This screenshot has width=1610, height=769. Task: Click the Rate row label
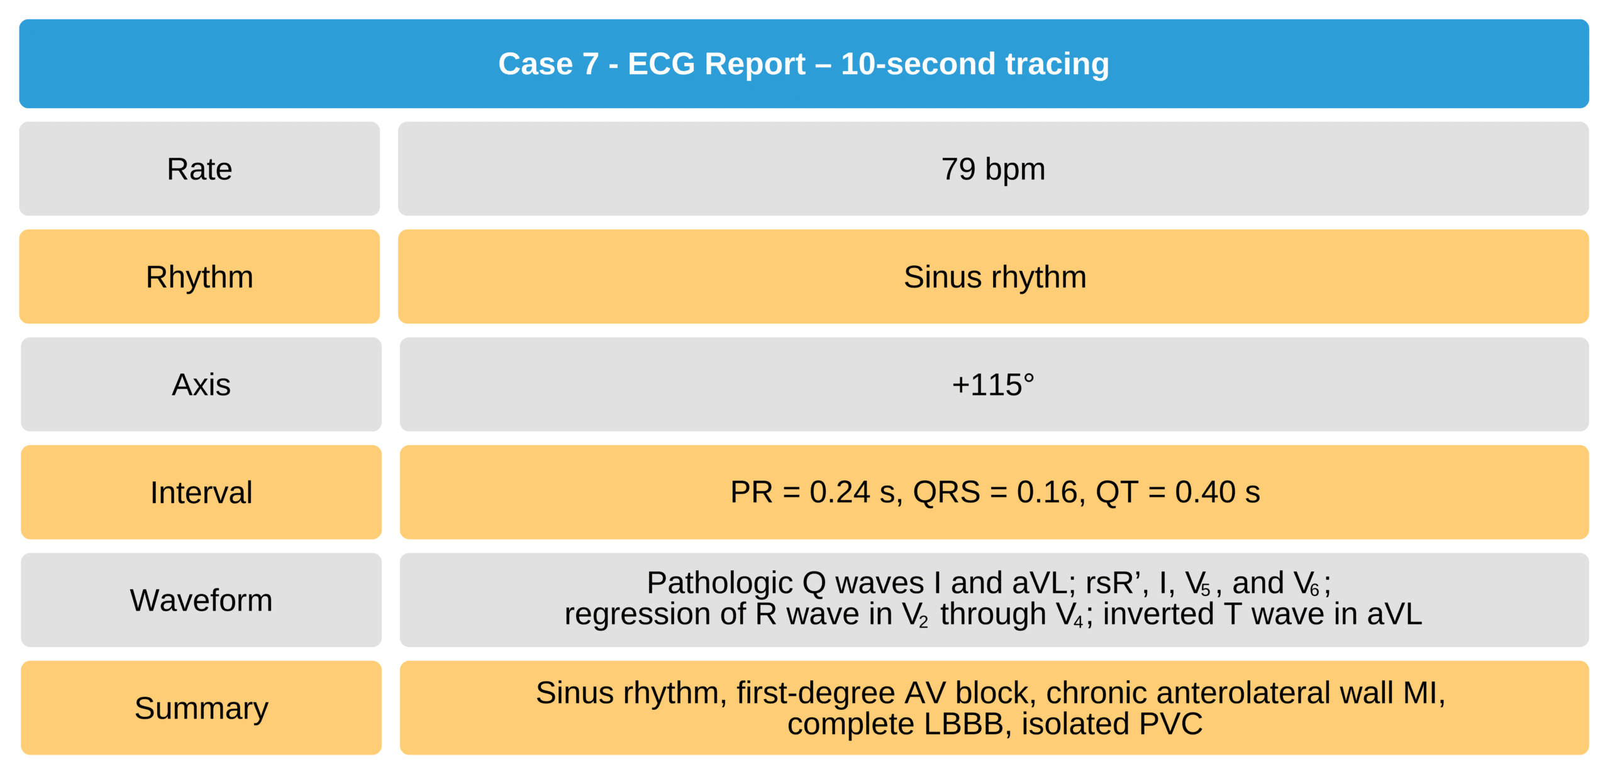(x=199, y=169)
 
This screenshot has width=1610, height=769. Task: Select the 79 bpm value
(x=993, y=169)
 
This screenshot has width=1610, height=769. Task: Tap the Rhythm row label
(x=199, y=277)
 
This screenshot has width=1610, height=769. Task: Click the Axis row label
(x=201, y=385)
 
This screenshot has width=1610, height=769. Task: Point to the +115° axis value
(x=993, y=385)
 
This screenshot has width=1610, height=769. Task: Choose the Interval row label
(x=201, y=492)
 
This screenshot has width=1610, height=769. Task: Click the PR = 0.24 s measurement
(x=816, y=492)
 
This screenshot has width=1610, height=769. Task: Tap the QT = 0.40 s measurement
(x=1178, y=492)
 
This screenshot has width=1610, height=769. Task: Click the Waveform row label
(x=201, y=600)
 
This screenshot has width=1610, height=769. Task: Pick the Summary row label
(x=201, y=709)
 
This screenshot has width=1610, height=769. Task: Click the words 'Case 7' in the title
(x=548, y=64)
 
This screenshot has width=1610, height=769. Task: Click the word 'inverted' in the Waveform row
(x=1158, y=614)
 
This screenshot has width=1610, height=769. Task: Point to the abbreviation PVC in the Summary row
(x=1171, y=724)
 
